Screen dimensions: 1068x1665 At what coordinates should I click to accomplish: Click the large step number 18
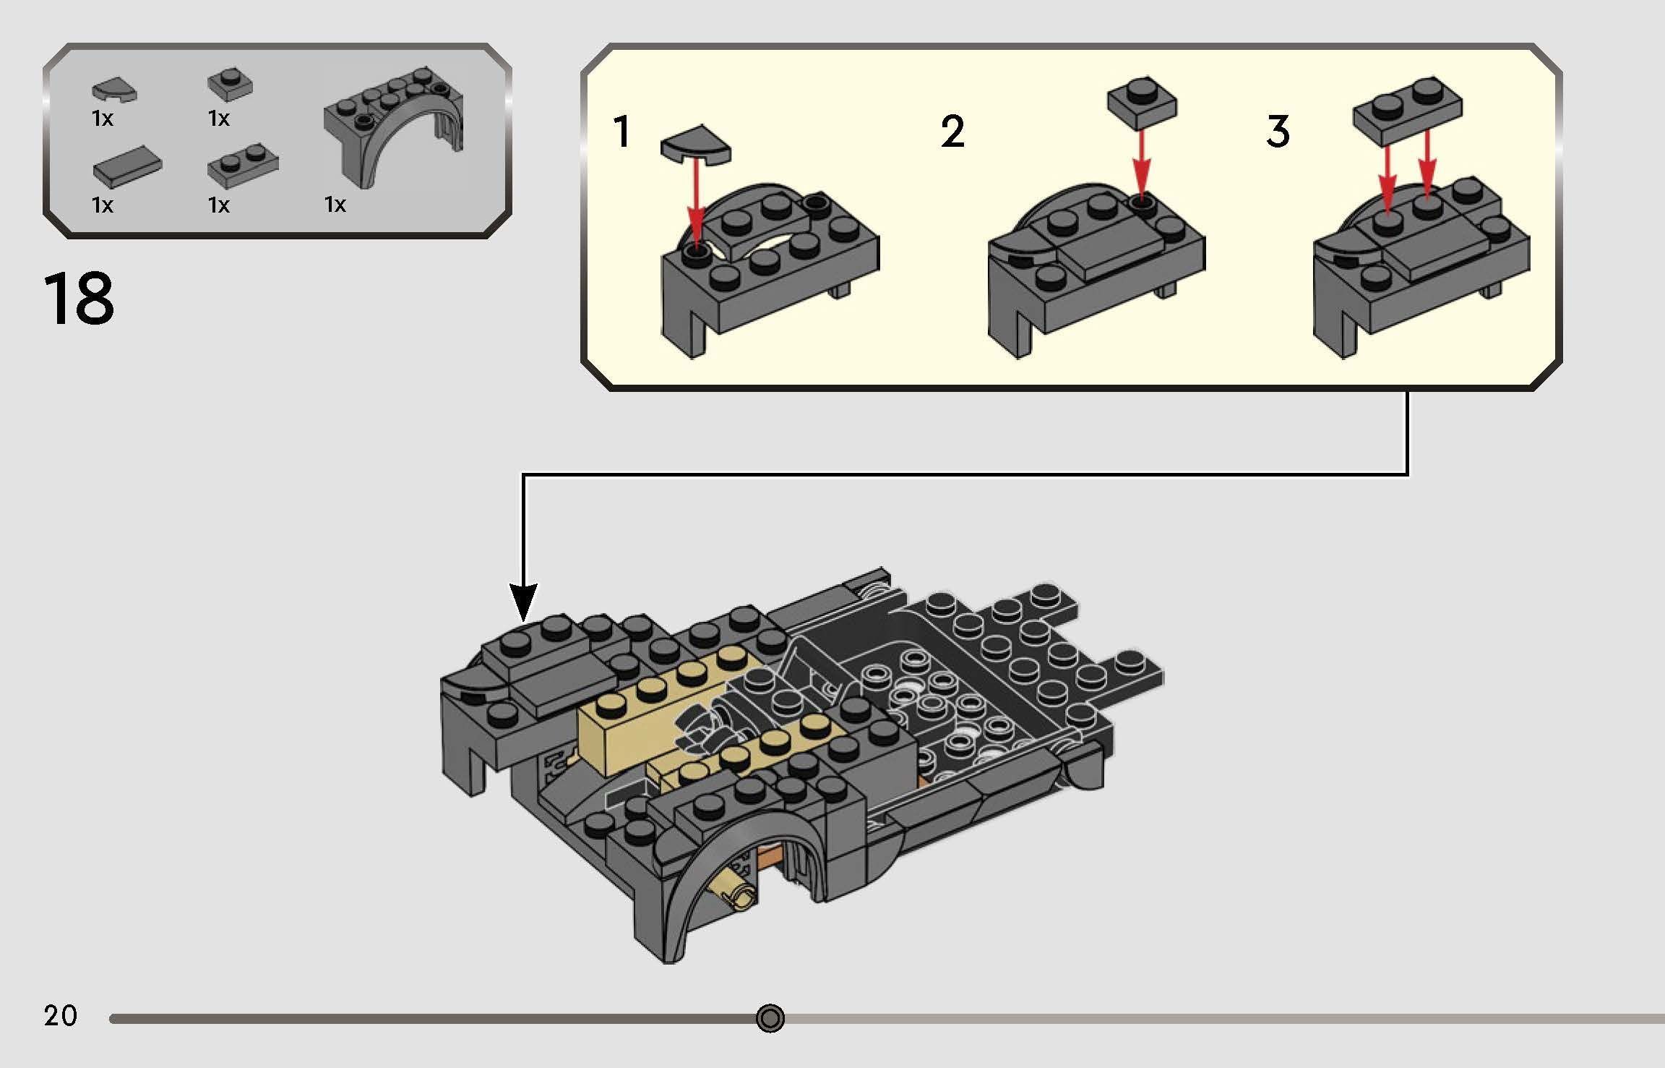coord(79,299)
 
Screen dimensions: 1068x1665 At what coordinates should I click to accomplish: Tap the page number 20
coord(60,1016)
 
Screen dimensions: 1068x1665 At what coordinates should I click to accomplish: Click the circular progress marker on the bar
coord(770,1018)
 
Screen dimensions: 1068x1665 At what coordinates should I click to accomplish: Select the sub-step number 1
coord(621,132)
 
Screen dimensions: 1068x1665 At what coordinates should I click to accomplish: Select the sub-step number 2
coord(952,132)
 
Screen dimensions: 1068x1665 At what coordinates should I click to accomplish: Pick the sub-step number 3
coord(1278,132)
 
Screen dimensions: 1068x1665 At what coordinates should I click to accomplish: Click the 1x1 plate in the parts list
coord(230,85)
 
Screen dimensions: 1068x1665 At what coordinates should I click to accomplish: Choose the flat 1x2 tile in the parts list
coord(126,170)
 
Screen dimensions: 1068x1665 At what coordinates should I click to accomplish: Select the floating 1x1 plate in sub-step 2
coord(1141,100)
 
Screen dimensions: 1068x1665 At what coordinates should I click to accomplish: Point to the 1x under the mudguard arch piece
coord(335,205)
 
